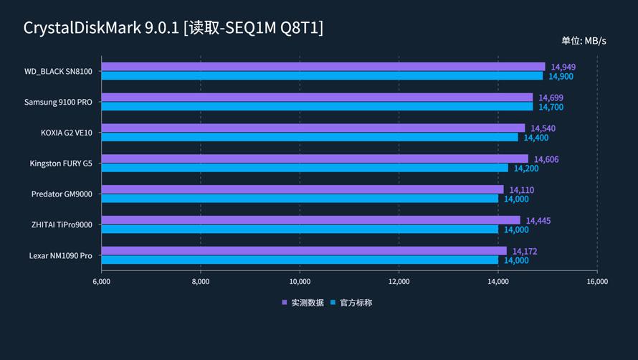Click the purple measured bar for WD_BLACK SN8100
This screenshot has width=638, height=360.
323,67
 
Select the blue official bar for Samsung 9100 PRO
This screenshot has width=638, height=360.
317,107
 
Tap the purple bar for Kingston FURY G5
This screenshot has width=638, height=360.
314,159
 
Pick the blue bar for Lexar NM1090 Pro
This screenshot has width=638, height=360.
300,260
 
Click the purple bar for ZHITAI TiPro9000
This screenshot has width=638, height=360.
310,220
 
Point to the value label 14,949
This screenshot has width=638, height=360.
563,67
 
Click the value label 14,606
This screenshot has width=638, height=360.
546,159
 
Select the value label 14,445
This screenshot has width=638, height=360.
538,220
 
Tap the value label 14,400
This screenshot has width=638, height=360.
536,138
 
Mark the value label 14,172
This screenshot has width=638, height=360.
525,251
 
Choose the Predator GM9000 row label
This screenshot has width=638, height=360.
62,194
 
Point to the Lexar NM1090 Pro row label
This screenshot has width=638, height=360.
60,256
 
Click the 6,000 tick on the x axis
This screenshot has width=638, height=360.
101,281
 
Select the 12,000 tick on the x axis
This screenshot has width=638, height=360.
399,281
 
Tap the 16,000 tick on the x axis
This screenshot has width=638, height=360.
597,281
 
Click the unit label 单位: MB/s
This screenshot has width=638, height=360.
584,41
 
